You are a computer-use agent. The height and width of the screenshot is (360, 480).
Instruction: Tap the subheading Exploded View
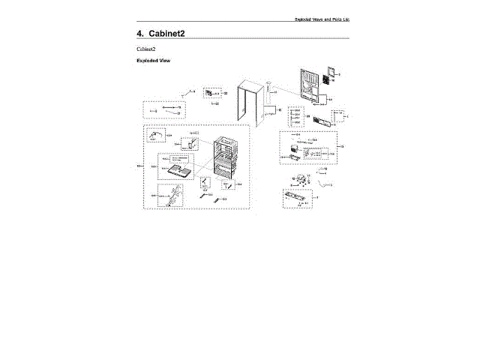[x=153, y=61]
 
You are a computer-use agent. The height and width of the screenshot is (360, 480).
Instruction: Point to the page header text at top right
[x=322, y=18]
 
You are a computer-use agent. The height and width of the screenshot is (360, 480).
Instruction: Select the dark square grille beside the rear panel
[x=326, y=78]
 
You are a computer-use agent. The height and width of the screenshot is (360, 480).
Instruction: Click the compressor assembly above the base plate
[x=301, y=180]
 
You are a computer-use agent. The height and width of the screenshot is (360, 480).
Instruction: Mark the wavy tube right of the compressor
[x=323, y=183]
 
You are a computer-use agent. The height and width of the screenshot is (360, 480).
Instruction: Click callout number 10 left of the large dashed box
[x=137, y=166]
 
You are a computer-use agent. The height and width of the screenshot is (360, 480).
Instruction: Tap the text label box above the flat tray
[x=174, y=160]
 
